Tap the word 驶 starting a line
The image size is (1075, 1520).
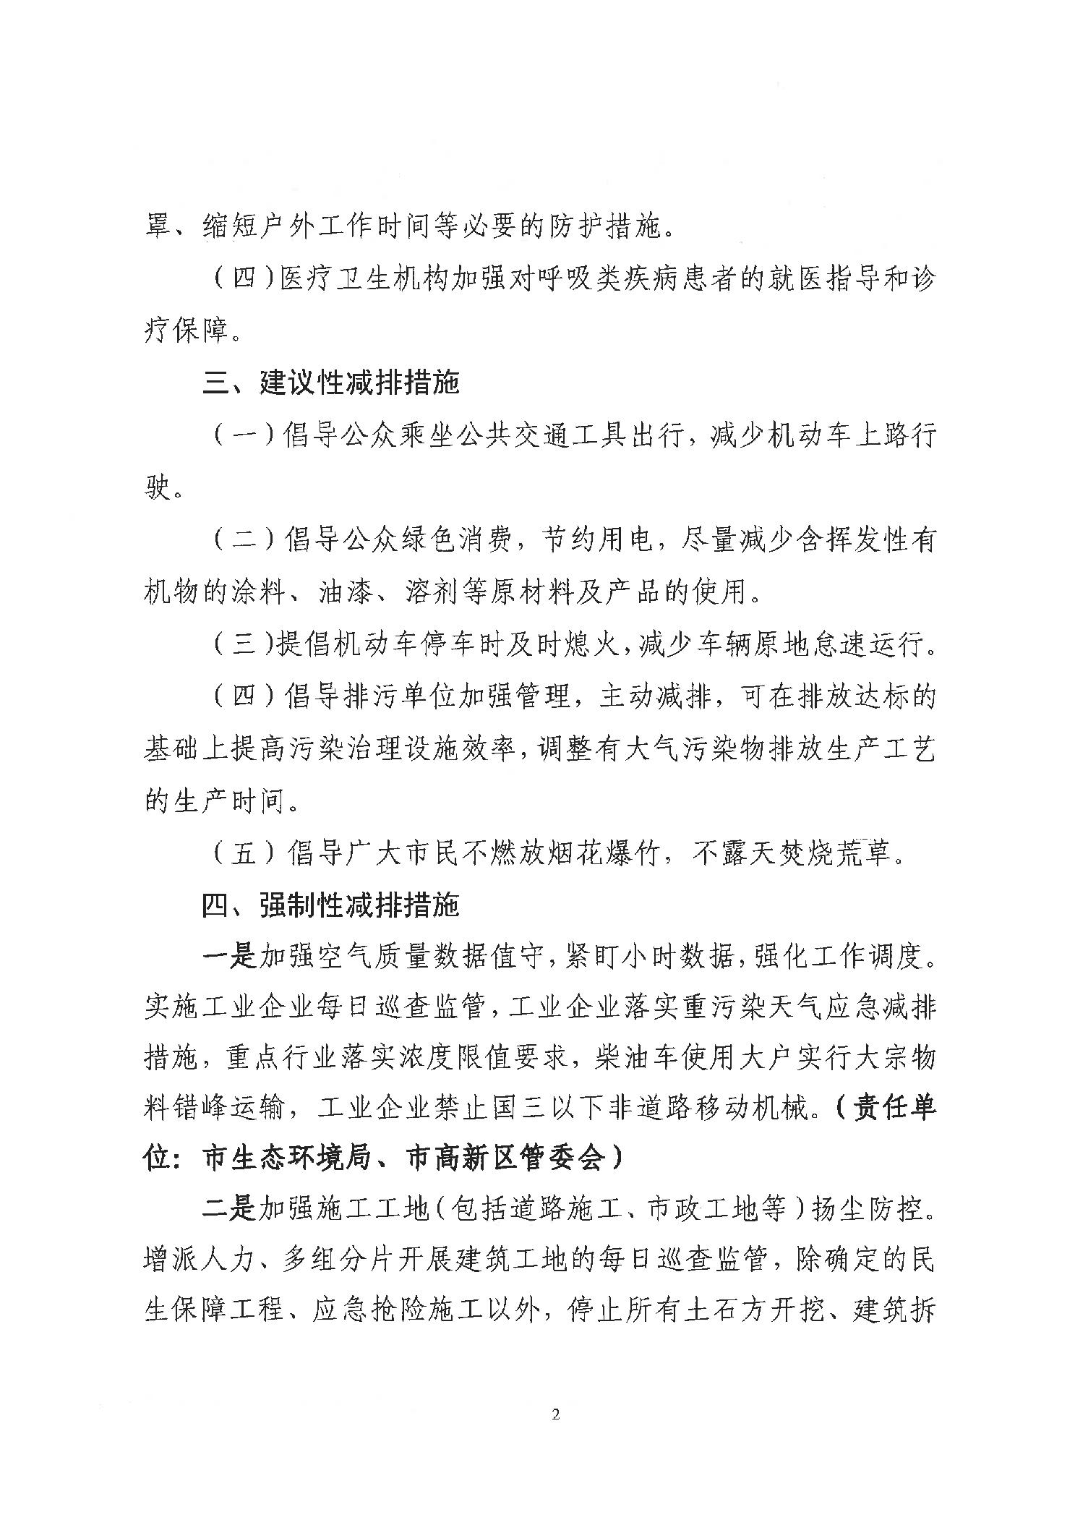click(157, 488)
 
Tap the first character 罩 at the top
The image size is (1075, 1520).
click(157, 227)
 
